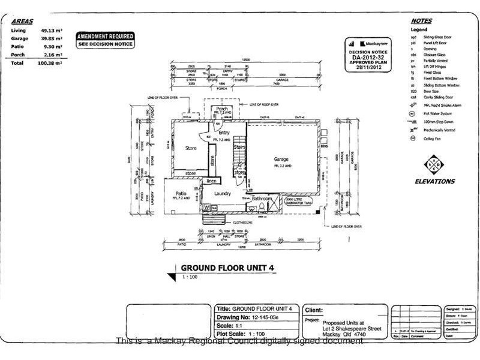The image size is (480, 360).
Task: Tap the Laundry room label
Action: (221, 194)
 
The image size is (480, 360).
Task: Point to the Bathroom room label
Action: (262, 199)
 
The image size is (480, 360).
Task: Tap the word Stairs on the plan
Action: (239, 146)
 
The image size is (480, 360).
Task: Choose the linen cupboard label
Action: (211, 181)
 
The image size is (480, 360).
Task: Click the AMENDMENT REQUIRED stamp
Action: (105, 37)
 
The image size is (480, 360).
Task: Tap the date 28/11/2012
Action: (365, 68)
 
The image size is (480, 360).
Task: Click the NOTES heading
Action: (423, 20)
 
